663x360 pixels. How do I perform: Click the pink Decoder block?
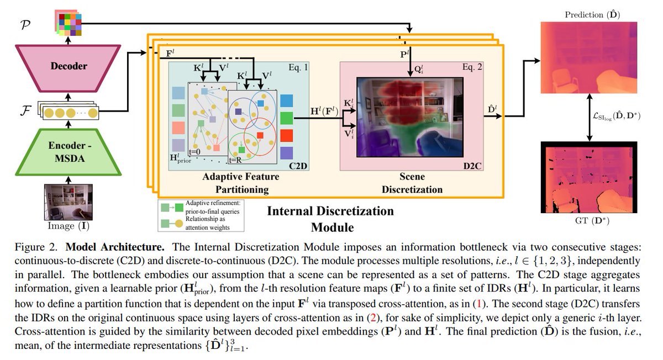click(69, 66)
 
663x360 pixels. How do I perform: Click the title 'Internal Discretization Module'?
click(330, 219)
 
